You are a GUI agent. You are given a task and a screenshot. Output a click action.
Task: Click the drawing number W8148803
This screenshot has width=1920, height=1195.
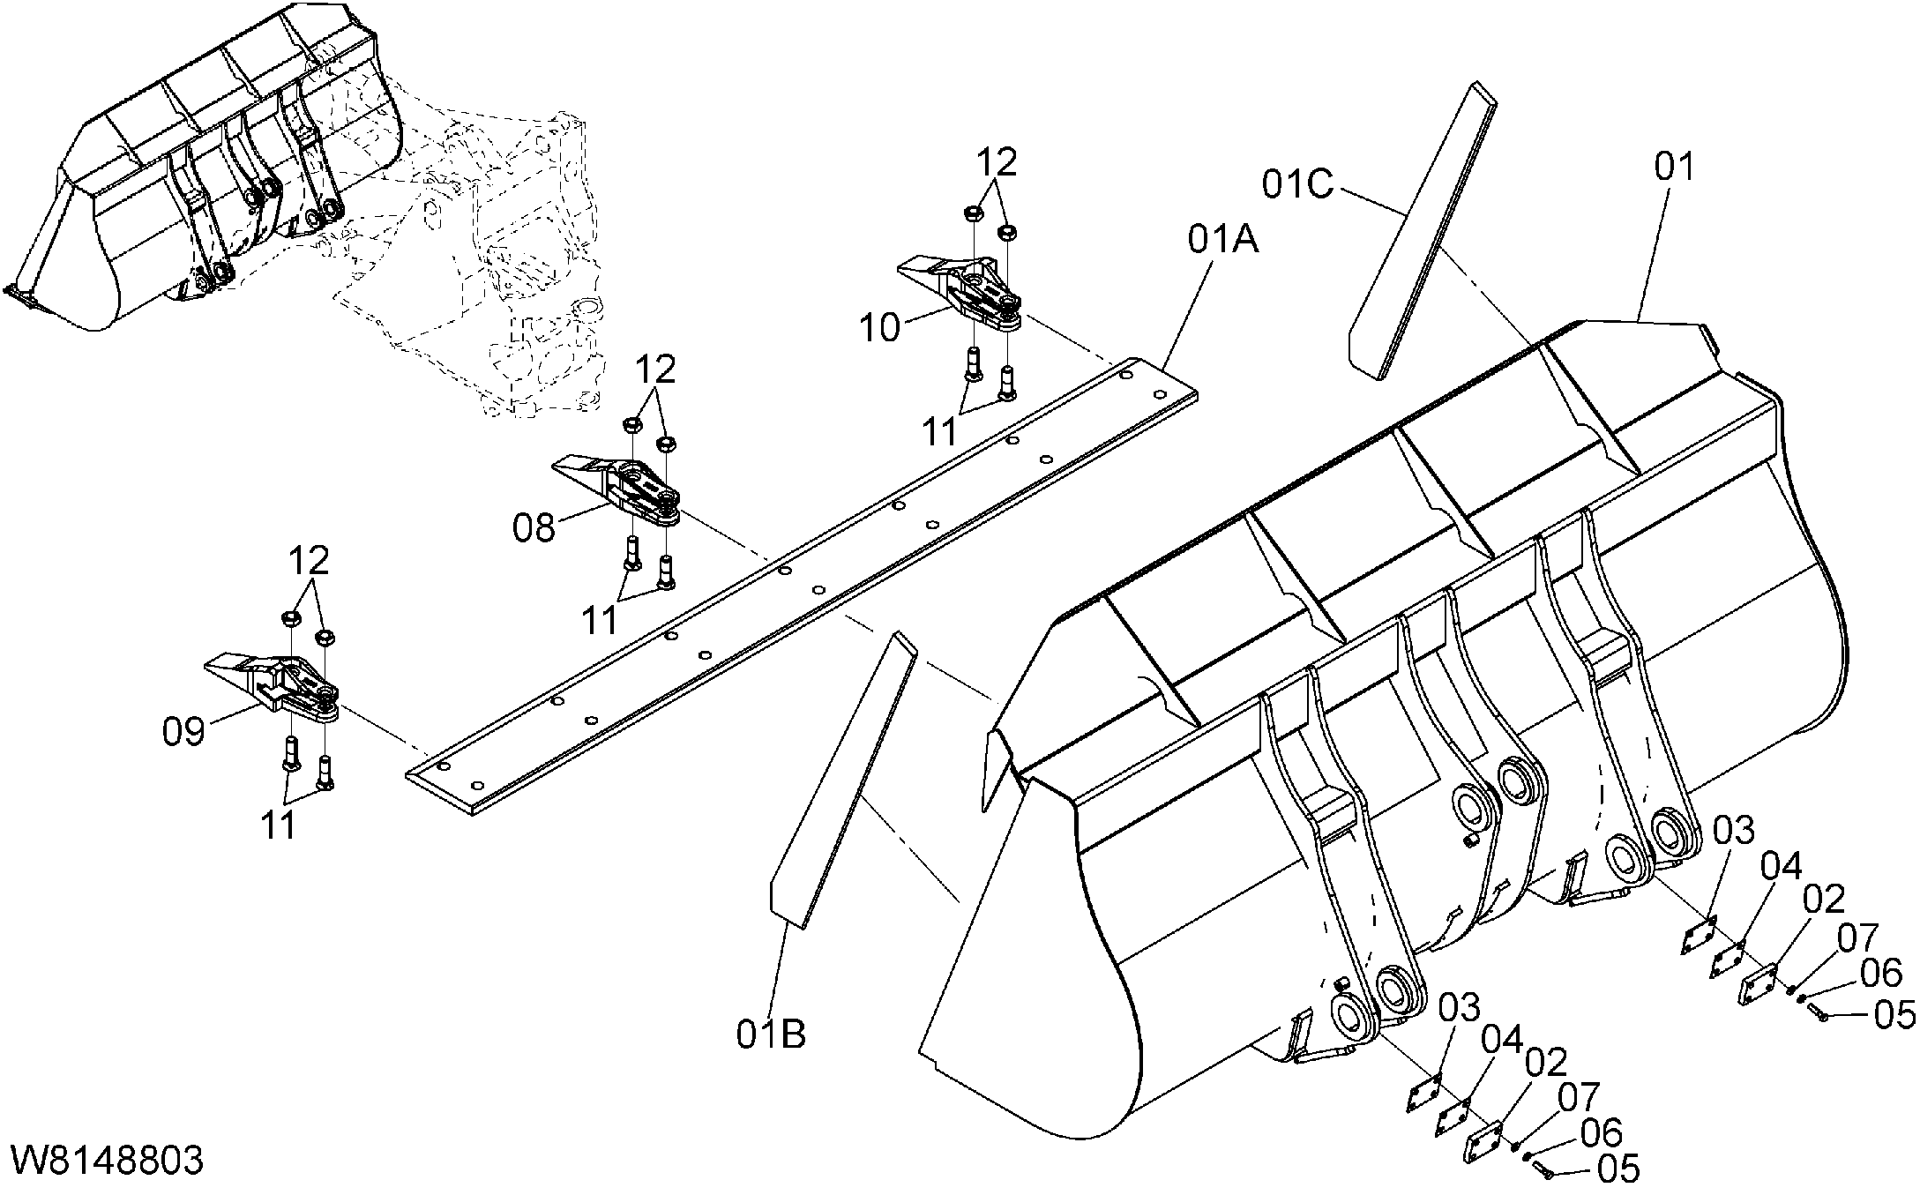pos(107,1161)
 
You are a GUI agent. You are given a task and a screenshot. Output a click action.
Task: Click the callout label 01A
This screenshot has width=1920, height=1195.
pos(1222,241)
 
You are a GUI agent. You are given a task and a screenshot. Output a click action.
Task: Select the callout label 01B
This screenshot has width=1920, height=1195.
pos(771,1034)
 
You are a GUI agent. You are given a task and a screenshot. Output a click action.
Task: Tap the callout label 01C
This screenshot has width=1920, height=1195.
pos(1296,184)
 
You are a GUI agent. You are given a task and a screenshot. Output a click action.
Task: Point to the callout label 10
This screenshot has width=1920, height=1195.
pos(880,328)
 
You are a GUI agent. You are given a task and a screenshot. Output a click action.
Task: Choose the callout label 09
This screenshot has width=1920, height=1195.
pos(183,731)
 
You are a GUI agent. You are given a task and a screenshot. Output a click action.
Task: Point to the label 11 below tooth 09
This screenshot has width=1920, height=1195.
pos(279,825)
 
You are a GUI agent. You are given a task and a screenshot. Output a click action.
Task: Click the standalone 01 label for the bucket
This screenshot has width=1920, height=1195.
pos(1673,167)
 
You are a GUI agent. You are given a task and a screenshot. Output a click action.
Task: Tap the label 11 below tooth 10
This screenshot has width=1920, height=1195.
pos(940,431)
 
